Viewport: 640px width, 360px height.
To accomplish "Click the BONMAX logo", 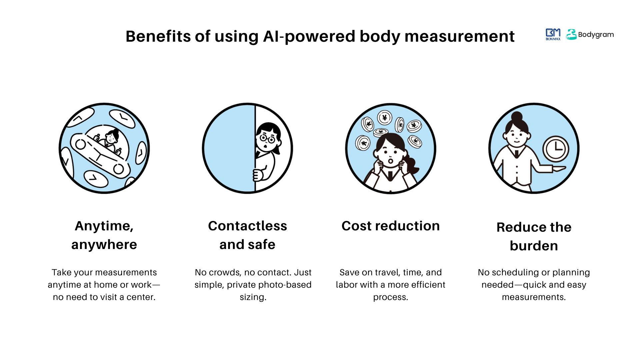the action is (x=553, y=34).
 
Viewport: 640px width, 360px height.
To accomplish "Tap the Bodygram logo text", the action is (x=596, y=35).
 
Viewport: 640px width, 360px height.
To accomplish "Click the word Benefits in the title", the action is (x=158, y=36).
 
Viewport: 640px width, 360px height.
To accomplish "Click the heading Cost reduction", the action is (x=391, y=226).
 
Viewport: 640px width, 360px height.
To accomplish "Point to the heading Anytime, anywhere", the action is (x=104, y=235).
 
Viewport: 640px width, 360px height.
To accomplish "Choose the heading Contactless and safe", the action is (x=247, y=235).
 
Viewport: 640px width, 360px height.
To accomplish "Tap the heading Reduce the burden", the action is (x=534, y=236).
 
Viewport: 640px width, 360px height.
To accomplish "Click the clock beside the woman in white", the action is (x=556, y=149).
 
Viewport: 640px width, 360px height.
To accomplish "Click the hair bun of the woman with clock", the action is (x=517, y=116).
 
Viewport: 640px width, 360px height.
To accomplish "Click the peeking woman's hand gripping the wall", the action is (x=258, y=175).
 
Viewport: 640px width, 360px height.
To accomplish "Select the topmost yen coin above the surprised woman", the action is (x=385, y=118).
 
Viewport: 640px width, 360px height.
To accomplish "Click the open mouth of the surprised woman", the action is (x=390, y=161).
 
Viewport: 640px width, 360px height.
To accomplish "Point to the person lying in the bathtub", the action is (x=110, y=138).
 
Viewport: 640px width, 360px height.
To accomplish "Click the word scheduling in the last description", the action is (x=515, y=272).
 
